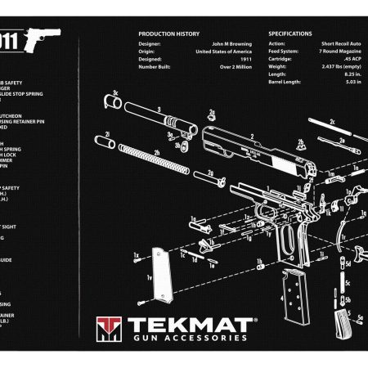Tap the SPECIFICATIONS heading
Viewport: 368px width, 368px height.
[290, 34]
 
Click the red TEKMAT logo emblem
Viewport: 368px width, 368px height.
[107, 328]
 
